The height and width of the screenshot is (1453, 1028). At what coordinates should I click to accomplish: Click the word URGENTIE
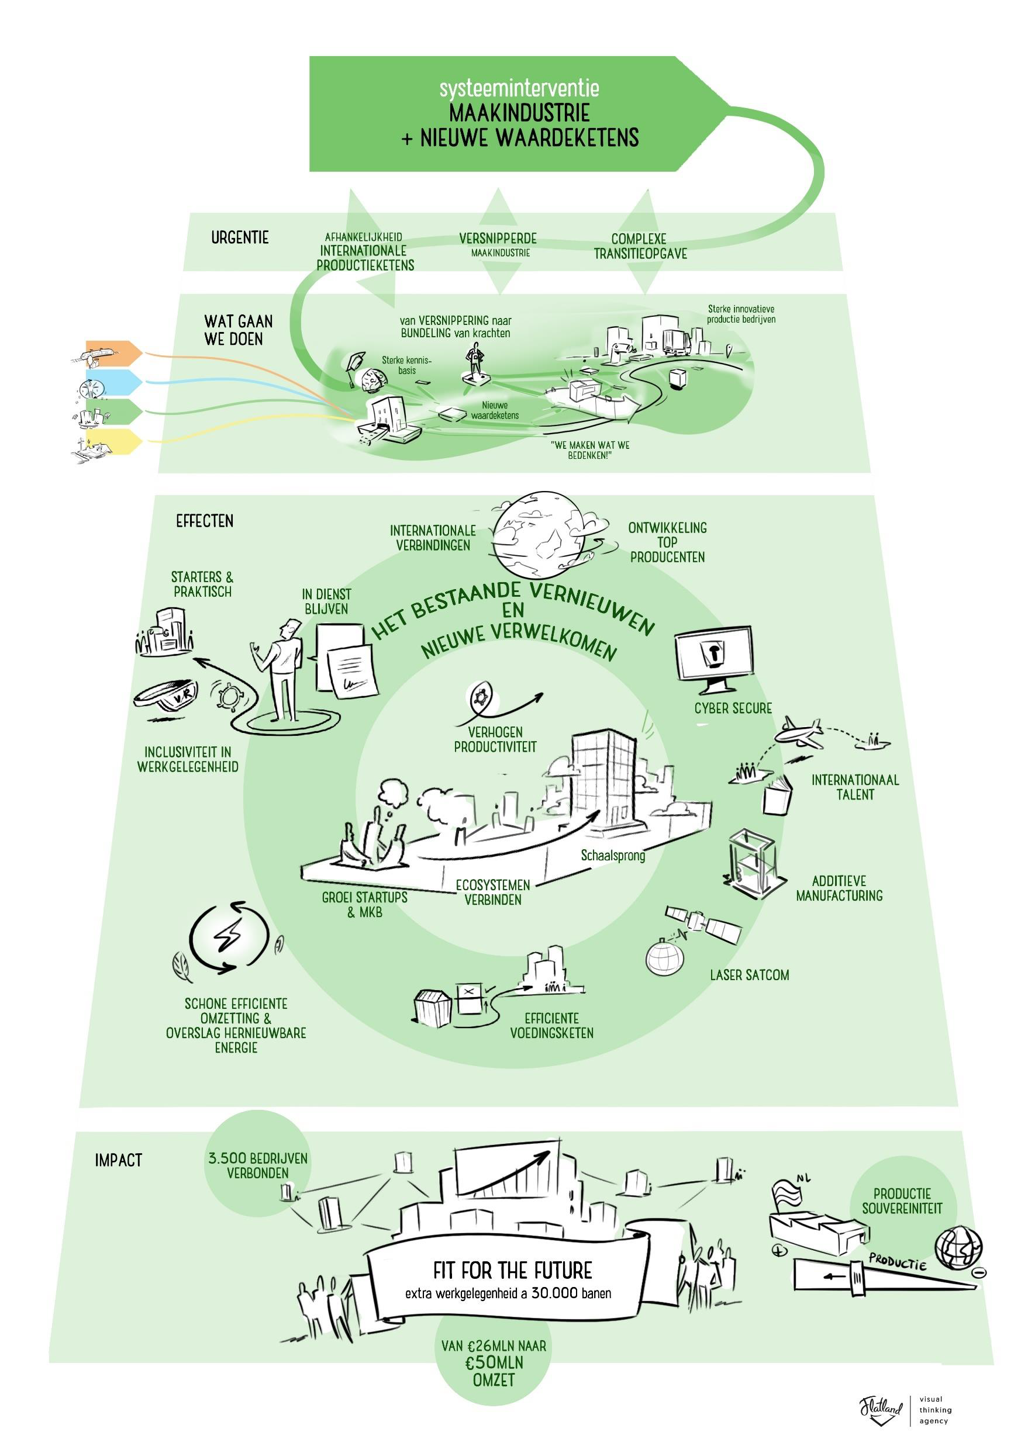coord(240,238)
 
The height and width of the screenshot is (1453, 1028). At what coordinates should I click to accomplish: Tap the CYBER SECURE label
coord(733,708)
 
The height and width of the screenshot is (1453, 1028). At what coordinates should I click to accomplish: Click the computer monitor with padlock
coord(714,658)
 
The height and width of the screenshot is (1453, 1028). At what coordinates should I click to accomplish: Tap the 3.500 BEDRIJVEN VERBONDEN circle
coord(258,1165)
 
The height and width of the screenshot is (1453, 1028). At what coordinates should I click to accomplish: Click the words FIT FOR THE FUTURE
coord(513,1270)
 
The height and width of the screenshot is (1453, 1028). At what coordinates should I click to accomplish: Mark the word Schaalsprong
coord(613,856)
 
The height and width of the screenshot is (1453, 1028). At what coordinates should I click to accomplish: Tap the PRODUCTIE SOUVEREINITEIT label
coord(902,1201)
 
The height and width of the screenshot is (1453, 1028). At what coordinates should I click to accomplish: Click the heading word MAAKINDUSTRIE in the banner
coord(519,114)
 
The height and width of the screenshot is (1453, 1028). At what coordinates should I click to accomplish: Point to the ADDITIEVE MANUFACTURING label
coord(839,888)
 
